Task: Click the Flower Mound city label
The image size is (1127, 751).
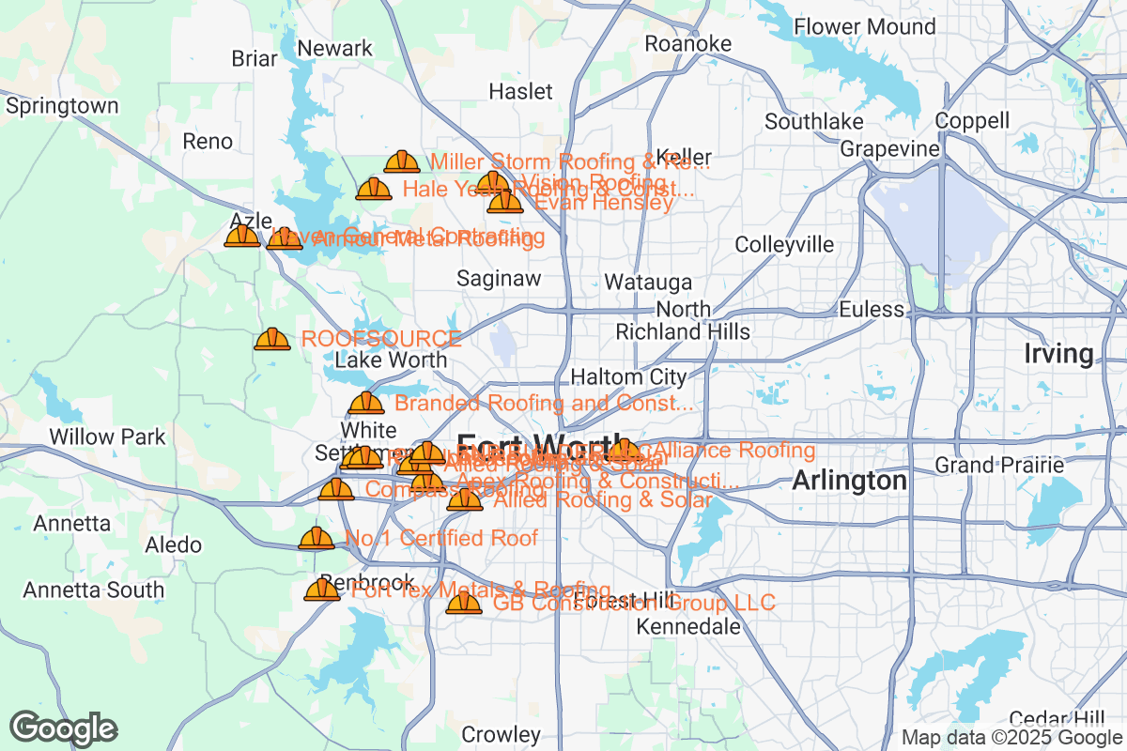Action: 865,26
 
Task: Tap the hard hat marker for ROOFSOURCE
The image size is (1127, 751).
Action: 272,339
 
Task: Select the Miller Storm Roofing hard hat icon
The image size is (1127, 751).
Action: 402,161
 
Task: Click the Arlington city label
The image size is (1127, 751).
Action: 849,481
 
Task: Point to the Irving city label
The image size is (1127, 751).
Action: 1058,354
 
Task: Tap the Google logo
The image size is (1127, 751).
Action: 64,728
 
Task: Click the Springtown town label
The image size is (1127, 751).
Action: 62,106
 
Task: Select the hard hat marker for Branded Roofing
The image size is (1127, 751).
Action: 365,404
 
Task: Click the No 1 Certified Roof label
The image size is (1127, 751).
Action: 441,538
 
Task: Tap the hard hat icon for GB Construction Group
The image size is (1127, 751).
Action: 464,603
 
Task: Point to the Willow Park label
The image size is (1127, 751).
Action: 107,437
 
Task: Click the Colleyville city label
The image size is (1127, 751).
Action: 783,245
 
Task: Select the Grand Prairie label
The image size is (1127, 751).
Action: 999,465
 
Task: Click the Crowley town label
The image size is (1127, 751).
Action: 501,734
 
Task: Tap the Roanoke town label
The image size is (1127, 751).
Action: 687,44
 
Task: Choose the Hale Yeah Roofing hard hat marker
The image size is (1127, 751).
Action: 373,190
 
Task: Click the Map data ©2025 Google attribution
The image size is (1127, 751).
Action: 1010,738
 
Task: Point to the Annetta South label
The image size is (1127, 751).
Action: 93,590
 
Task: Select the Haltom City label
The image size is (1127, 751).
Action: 628,377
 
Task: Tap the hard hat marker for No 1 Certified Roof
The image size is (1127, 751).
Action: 316,539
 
